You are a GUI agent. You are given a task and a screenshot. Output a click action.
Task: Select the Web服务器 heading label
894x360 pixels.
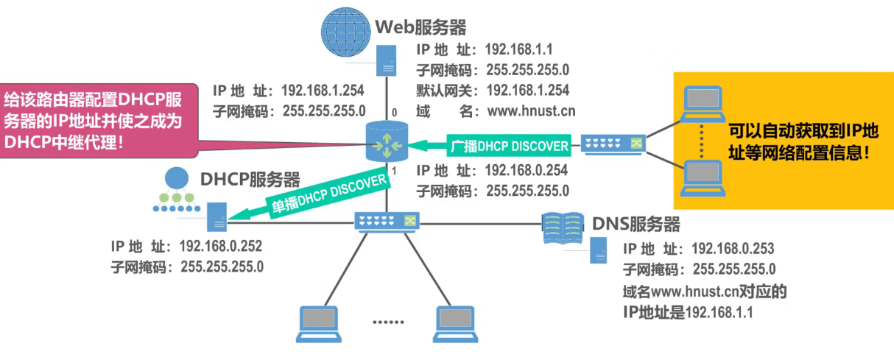pyautogui.click(x=421, y=27)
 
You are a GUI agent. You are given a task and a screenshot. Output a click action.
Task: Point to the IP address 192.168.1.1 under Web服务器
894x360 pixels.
pyautogui.click(x=518, y=50)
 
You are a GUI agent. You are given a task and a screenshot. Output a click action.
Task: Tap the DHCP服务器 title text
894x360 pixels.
pyautogui.click(x=250, y=180)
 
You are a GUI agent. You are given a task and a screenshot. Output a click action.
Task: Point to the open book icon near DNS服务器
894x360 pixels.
pyautogui.click(x=563, y=227)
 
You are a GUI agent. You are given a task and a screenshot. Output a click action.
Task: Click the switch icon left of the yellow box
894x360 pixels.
pyautogui.click(x=613, y=143)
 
